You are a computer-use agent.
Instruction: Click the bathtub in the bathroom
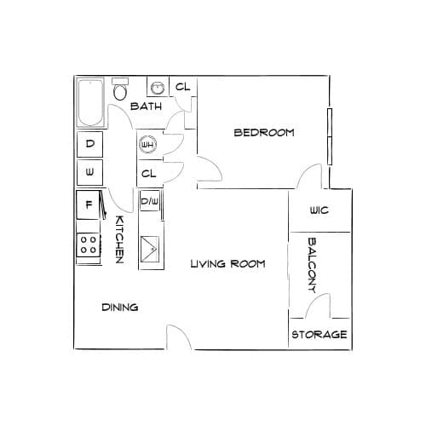point(90,102)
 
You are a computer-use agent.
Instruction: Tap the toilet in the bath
point(120,89)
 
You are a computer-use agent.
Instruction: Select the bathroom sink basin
point(158,88)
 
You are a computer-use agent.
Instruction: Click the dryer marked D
point(89,144)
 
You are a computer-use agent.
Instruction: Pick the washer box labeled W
point(89,172)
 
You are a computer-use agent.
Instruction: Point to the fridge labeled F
point(88,204)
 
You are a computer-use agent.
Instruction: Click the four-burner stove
point(88,245)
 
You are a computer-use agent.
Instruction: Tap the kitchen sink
point(150,249)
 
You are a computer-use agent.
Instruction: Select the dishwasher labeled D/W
point(150,201)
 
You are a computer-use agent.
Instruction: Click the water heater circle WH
point(147,145)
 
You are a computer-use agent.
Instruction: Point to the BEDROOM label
point(264,133)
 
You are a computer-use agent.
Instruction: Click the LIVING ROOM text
point(227,264)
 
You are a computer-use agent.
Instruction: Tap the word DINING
point(120,308)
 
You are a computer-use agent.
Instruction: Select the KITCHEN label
point(119,239)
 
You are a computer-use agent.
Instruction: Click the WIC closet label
point(319,210)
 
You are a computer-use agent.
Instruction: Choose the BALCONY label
point(312,266)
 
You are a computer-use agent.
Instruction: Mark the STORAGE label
point(319,335)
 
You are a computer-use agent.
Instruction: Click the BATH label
point(146,106)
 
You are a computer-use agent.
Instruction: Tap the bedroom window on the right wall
point(330,136)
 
